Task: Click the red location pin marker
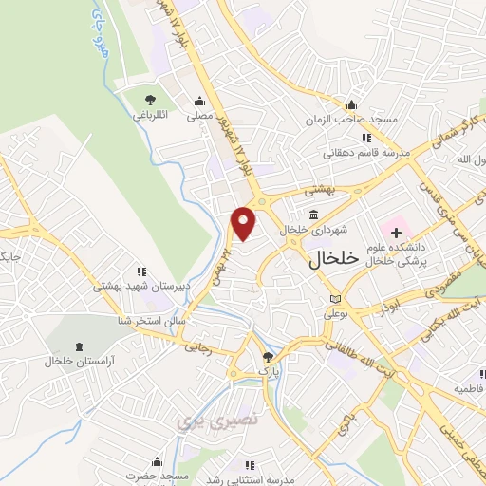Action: [245, 223]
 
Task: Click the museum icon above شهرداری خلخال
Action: [314, 214]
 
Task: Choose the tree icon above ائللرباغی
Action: [149, 99]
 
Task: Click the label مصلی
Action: [198, 117]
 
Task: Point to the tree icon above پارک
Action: [268, 358]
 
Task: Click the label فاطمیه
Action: [469, 389]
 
